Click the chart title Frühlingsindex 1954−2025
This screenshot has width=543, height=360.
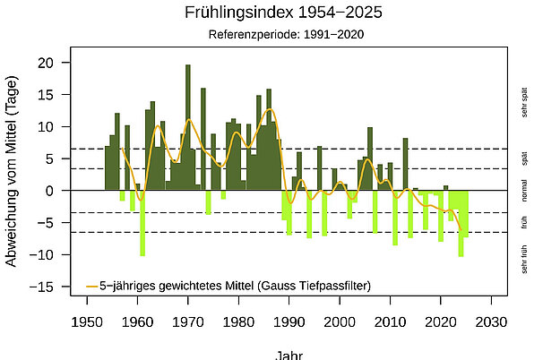tap(283, 13)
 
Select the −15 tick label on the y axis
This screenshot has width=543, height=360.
tap(47, 287)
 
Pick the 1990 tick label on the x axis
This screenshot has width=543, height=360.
tap(289, 322)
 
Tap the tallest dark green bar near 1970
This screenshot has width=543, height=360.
tap(188, 125)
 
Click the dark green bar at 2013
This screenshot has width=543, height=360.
tap(405, 165)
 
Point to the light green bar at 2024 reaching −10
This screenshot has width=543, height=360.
tap(461, 223)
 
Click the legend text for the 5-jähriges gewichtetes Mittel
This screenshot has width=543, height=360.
tap(236, 286)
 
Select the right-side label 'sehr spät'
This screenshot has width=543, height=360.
tap(524, 101)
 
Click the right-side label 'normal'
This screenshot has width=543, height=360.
tap(524, 190)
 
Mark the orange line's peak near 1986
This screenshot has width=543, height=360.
tap(269, 109)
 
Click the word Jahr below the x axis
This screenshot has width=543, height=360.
tap(289, 354)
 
